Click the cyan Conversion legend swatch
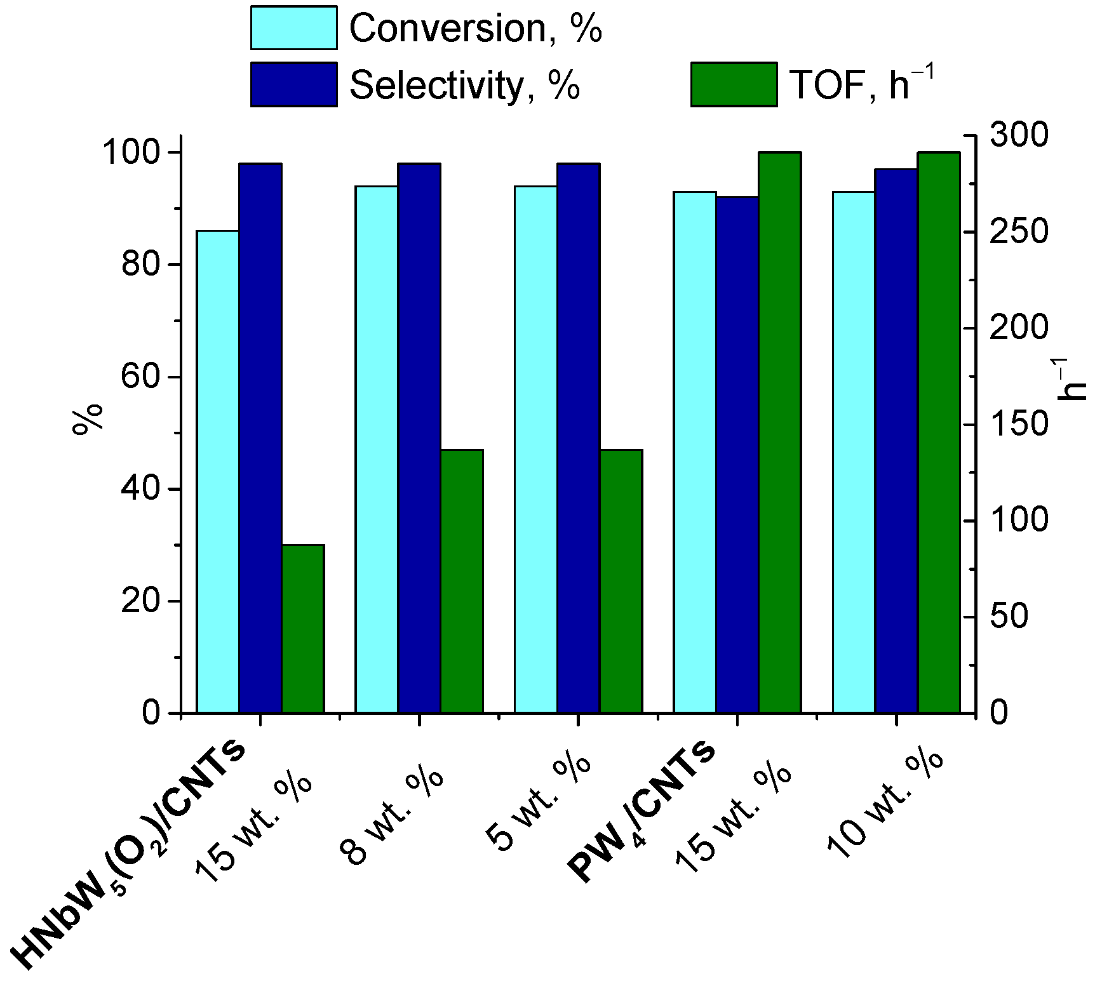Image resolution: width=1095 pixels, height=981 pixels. tap(293, 28)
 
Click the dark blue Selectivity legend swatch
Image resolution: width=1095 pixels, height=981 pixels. tap(293, 84)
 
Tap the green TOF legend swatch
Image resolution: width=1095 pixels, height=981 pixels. tap(734, 84)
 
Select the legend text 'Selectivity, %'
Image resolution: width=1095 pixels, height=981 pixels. tap(464, 84)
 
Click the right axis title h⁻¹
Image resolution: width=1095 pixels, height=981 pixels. tap(1072, 380)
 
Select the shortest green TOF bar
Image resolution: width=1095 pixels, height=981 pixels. tap(303, 629)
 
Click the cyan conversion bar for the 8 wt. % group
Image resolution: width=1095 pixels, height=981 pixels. tap(377, 450)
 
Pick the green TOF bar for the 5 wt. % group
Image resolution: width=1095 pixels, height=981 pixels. tap(621, 581)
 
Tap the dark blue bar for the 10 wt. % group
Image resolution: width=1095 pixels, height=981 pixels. tap(896, 441)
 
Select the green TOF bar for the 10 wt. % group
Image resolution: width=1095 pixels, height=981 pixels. tap(939, 432)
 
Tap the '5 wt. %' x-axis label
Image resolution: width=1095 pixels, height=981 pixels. tap(539, 803)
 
